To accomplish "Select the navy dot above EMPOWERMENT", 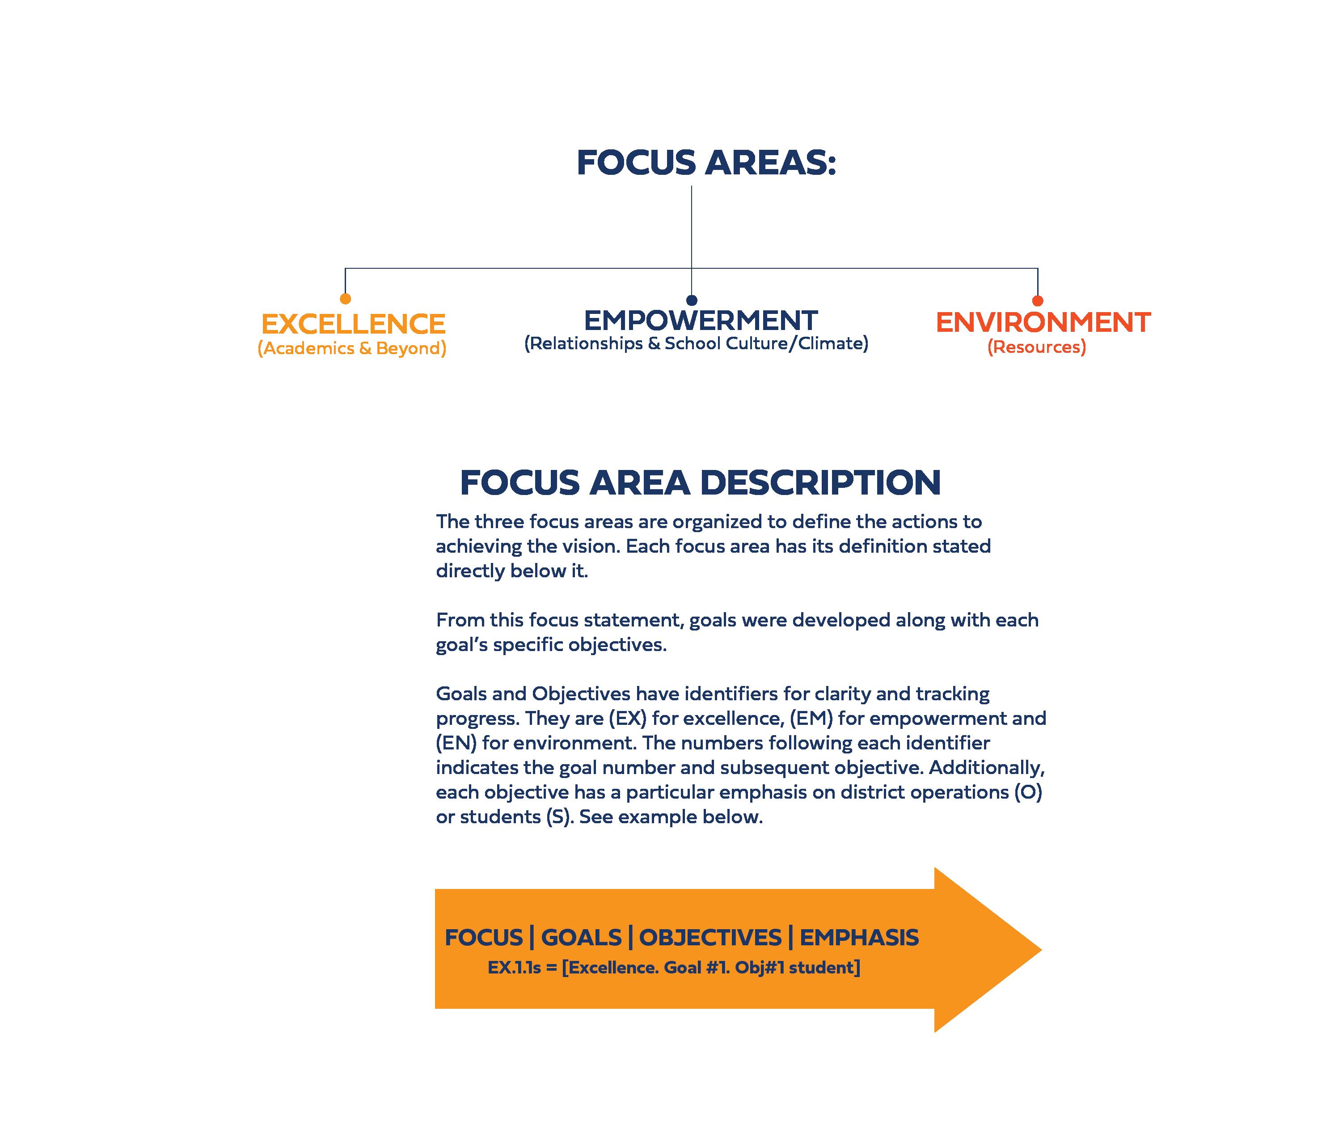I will pos(692,300).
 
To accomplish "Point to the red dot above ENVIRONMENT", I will pos(1037,300).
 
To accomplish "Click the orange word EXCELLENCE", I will pos(353,324).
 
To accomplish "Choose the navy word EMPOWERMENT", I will pos(701,320).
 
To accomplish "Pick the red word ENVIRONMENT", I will pos(1042,322).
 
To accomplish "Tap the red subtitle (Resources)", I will pos(1036,347).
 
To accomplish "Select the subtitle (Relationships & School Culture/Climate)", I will pos(696,343).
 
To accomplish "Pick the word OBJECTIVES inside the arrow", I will pos(710,937).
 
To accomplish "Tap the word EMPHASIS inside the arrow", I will pos(859,937).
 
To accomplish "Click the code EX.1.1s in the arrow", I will pos(514,968).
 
